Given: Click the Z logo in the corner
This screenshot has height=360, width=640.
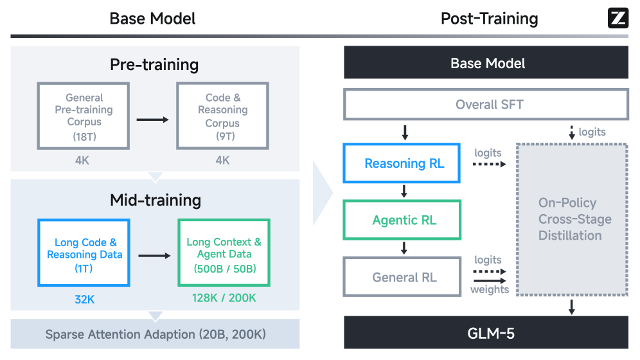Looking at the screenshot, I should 618,18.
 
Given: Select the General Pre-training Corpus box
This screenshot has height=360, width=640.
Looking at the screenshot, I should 84,116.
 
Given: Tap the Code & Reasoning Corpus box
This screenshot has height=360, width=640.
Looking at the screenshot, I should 222,116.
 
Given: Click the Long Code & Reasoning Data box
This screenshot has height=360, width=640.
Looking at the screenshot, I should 84,253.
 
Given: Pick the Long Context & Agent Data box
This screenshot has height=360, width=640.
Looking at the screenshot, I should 224,253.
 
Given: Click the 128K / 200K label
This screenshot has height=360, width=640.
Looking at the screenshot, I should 224,298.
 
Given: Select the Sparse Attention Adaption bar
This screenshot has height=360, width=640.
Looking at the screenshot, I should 156,334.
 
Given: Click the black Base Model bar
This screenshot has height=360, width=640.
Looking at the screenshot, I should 486,63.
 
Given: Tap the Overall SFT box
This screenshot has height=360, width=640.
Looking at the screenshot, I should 486,104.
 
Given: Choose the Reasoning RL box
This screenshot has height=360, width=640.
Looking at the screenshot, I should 404,163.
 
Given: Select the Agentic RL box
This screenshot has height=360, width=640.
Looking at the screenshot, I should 404,220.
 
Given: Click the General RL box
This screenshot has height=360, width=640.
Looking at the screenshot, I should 404,278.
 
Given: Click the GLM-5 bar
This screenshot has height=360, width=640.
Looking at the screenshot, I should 486,333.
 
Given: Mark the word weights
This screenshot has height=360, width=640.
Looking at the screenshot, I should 490,289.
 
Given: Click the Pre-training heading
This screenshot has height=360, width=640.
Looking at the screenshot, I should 154,65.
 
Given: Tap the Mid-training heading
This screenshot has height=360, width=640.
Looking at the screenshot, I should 156,200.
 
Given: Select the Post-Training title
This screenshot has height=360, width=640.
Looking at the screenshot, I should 489,19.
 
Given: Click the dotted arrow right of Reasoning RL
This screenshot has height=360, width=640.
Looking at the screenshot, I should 489,165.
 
